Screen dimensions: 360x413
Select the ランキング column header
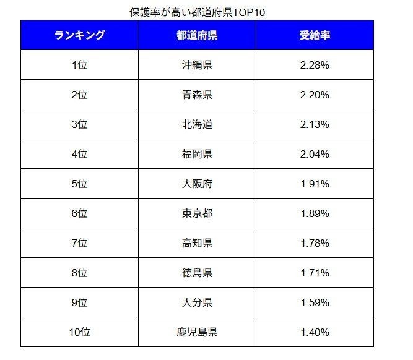click(x=79, y=35)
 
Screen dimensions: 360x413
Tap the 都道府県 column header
click(x=197, y=35)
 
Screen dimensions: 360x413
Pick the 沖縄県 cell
click(x=197, y=65)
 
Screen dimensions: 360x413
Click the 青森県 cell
click(x=197, y=95)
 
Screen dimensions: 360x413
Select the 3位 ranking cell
click(x=79, y=124)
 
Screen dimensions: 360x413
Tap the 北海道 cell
click(x=197, y=124)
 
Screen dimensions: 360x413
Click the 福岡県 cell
click(x=197, y=154)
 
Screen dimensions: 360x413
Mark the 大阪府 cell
click(x=197, y=184)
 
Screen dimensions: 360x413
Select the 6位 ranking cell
click(x=79, y=213)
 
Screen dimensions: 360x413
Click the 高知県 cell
click(x=197, y=243)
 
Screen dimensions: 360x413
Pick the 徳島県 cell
click(x=197, y=273)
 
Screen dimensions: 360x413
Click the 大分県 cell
click(x=197, y=302)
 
